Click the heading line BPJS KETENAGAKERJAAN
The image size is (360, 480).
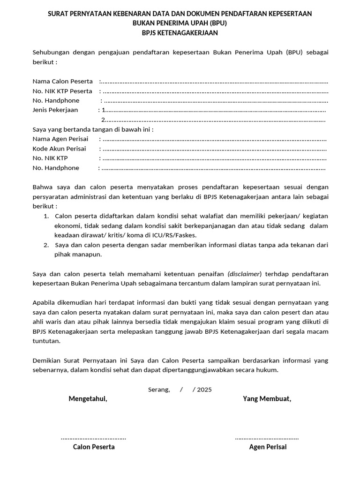[x=180, y=33]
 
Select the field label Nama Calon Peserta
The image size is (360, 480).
[x=62, y=82]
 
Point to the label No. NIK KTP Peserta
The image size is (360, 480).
[x=62, y=91]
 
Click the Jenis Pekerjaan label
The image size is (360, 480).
[x=55, y=110]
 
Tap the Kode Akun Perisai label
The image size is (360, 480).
[x=59, y=149]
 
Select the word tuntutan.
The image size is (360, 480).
[x=46, y=341]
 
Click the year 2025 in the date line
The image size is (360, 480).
[x=204, y=390]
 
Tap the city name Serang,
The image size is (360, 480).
[x=159, y=390]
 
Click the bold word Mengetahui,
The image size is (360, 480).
[x=88, y=399]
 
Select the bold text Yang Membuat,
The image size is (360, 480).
[x=267, y=399]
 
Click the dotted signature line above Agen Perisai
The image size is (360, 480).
[x=267, y=438]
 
